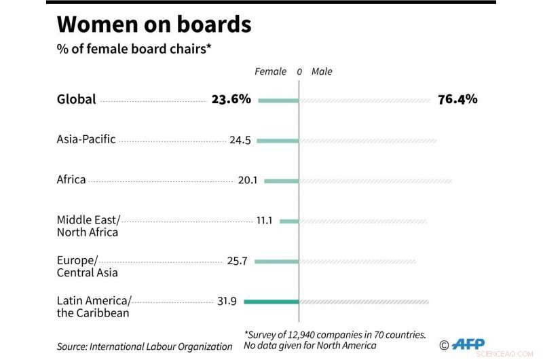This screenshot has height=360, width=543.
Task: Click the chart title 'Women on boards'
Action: [x=154, y=25]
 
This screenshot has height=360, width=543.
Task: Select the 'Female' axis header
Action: [x=271, y=71]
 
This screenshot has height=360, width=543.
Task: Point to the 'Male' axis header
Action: [x=322, y=71]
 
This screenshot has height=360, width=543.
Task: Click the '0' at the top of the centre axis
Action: [x=299, y=71]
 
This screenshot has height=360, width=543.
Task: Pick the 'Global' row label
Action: [x=76, y=99]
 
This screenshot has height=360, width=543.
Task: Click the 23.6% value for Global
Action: [x=231, y=99]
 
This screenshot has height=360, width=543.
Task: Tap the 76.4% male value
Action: [x=457, y=99]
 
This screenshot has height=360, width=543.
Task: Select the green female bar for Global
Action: [x=278, y=101]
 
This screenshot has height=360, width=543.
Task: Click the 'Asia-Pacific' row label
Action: [x=86, y=139]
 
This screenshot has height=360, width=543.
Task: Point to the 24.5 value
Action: [x=240, y=141]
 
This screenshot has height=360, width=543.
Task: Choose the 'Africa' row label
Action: [x=71, y=180]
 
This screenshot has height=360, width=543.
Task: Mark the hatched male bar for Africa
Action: [x=376, y=181]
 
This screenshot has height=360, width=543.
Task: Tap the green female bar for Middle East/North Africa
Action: [x=289, y=221]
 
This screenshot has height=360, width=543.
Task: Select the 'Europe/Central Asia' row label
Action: [x=87, y=266]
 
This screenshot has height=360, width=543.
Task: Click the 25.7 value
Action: [x=237, y=262]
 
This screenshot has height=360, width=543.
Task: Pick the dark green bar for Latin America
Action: [x=271, y=302]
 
